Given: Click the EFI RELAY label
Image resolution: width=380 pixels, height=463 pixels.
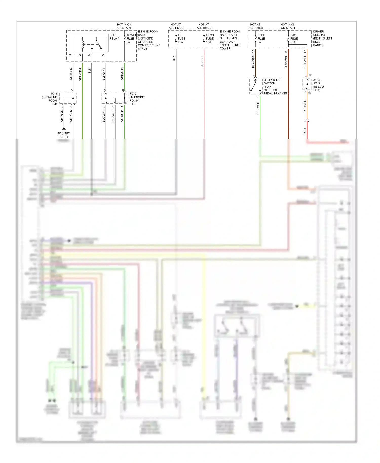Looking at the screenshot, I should click(114, 37).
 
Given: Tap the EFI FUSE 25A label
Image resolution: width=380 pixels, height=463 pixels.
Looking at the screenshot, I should click(181, 38).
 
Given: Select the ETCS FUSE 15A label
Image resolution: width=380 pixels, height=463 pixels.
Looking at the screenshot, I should click(210, 38).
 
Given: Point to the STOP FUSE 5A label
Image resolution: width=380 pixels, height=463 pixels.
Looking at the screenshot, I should click(261, 38).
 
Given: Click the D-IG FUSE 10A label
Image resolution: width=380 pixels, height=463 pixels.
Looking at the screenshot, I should click(294, 38).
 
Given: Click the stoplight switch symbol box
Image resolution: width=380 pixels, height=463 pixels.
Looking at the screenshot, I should click(255, 86).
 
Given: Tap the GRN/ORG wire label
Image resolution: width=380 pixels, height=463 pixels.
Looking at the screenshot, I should click(80, 74).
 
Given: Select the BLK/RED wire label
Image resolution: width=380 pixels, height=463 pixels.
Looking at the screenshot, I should click(202, 62).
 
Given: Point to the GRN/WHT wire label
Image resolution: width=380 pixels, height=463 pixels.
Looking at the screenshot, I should click(258, 108).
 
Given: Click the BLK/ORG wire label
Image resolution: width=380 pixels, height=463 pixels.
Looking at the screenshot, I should click(253, 62).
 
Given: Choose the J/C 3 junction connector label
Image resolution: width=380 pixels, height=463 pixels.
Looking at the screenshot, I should click(50, 99).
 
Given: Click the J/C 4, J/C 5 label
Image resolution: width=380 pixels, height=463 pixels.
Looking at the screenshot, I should click(318, 85).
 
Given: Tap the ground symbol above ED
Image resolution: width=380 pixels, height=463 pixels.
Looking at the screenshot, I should click(64, 129).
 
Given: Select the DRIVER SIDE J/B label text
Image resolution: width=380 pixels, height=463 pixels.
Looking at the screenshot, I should click(322, 38).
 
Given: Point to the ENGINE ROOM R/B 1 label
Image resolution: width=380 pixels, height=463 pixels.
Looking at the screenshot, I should click(230, 40).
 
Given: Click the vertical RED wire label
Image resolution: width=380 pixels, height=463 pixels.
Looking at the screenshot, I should click(305, 131).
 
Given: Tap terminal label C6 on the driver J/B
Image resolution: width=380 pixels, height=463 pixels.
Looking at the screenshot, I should click(253, 51).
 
